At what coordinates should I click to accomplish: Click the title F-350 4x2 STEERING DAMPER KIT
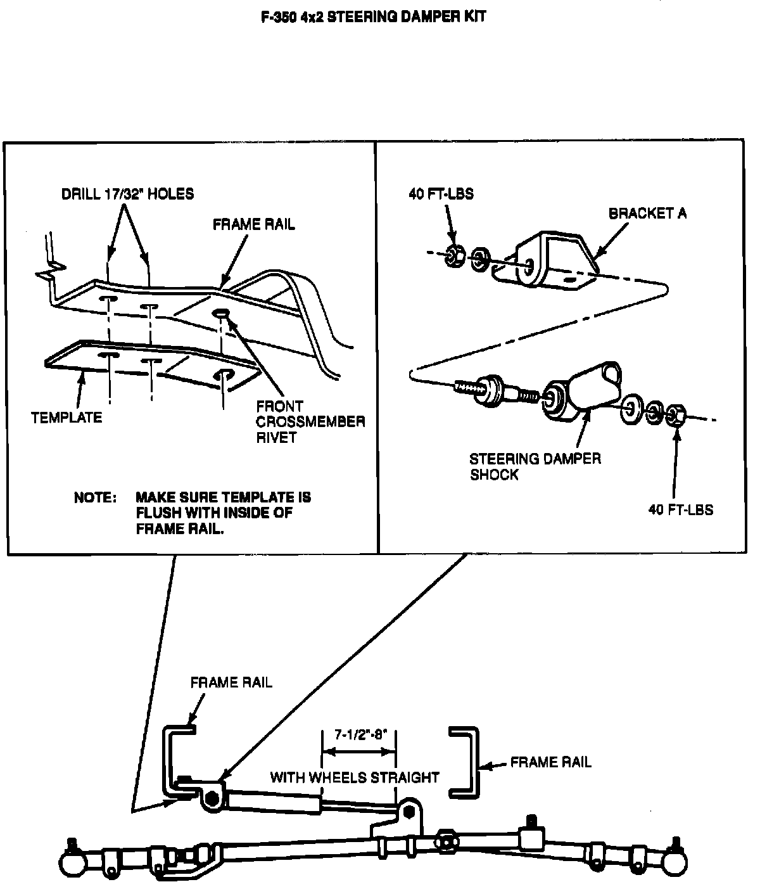point(373,16)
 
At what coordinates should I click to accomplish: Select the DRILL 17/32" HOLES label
point(127,194)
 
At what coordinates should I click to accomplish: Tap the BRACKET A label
point(647,214)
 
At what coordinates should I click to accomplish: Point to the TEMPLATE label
point(66,418)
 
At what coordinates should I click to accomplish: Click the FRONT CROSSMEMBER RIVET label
point(310,421)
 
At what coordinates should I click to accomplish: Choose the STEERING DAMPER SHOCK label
point(535,466)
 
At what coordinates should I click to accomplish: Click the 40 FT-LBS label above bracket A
point(441,194)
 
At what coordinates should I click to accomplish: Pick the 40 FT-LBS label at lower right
point(680,509)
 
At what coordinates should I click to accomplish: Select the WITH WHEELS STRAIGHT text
point(355,777)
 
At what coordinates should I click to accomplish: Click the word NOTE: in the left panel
point(95,497)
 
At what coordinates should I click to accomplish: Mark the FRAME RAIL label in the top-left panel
point(253,224)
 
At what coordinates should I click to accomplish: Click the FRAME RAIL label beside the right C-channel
point(550,762)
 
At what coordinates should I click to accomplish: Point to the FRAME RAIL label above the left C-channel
point(231,682)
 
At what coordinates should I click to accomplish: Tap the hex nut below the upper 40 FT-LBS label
point(453,255)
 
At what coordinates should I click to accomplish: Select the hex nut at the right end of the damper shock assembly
point(676,415)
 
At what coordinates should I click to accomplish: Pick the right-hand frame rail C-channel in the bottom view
point(466,762)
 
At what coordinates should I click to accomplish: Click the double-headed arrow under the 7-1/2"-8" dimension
point(359,752)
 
